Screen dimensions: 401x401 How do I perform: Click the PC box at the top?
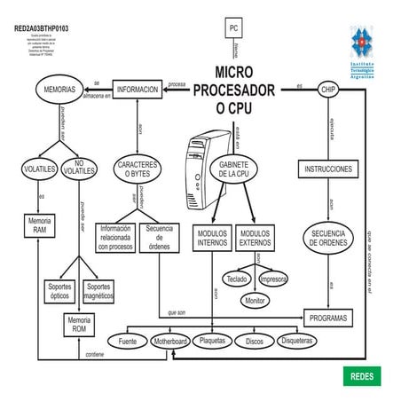(x=234, y=28)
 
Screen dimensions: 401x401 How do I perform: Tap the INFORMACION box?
(x=138, y=90)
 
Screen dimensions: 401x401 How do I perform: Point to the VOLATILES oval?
(x=39, y=169)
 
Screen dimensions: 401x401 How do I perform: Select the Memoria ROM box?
(x=79, y=324)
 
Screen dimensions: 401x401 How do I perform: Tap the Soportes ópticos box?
(x=59, y=291)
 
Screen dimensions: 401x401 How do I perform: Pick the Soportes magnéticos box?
(x=98, y=291)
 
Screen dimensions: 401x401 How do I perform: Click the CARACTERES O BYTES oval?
(x=138, y=169)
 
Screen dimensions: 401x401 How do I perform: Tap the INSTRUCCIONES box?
(x=328, y=169)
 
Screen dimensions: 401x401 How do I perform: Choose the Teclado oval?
(x=236, y=279)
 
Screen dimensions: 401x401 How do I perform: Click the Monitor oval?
(x=256, y=301)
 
